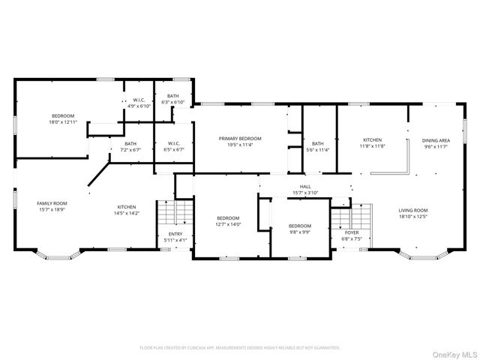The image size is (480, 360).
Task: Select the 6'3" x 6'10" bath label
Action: (173, 99)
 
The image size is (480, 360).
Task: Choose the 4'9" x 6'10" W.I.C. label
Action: (139, 103)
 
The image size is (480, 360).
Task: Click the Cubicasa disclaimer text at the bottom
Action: (240, 348)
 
